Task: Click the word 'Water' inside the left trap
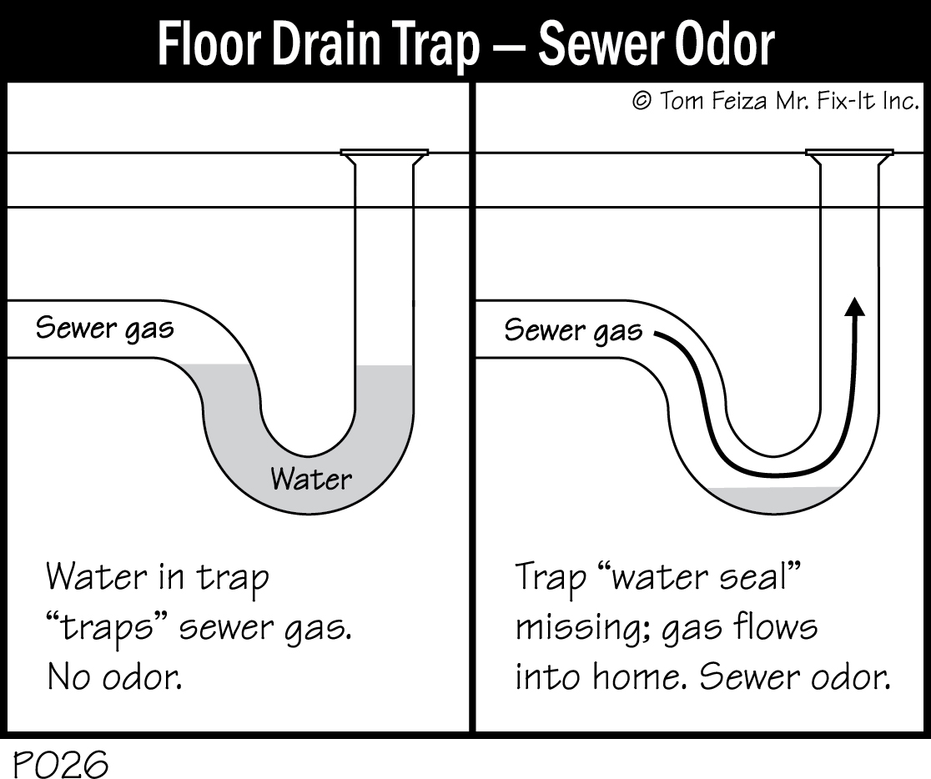[311, 479]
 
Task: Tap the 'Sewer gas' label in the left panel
[104, 328]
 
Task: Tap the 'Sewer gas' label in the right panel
[573, 330]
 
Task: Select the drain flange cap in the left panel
[385, 153]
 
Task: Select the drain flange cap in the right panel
[849, 153]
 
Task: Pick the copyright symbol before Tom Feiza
[641, 101]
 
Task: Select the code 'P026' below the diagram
[60, 763]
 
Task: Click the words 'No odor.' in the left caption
[114, 677]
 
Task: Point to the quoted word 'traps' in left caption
[108, 627]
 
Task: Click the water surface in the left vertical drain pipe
[384, 366]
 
